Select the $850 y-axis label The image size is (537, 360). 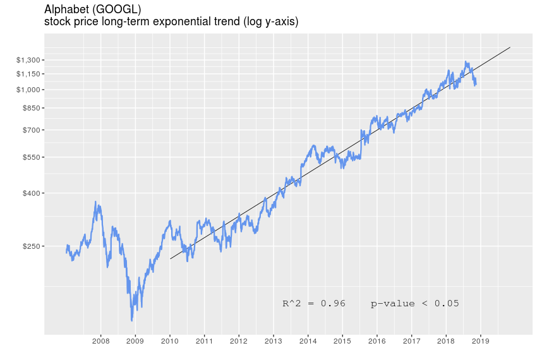pos(31,108)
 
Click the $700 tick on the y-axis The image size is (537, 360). pos(31,130)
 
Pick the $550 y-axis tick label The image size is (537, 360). pos(31,157)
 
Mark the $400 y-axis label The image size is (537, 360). pos(31,193)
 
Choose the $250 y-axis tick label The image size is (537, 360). pos(31,246)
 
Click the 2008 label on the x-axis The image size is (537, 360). pos(101,342)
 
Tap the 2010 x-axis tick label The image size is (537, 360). pos(170,342)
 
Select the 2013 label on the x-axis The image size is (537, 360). pos(274,342)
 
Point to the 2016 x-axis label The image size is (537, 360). pos(377,342)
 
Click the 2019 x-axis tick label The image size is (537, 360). pos(481,342)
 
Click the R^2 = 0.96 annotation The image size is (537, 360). pos(314,304)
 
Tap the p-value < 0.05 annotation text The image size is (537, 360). pos(414,304)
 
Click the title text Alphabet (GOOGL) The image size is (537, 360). pos(93,9)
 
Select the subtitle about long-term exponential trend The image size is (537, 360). pos(171,22)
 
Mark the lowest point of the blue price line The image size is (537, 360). pos(132,320)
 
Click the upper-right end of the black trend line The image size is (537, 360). pos(510,47)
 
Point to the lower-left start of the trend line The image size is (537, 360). pos(170,259)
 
